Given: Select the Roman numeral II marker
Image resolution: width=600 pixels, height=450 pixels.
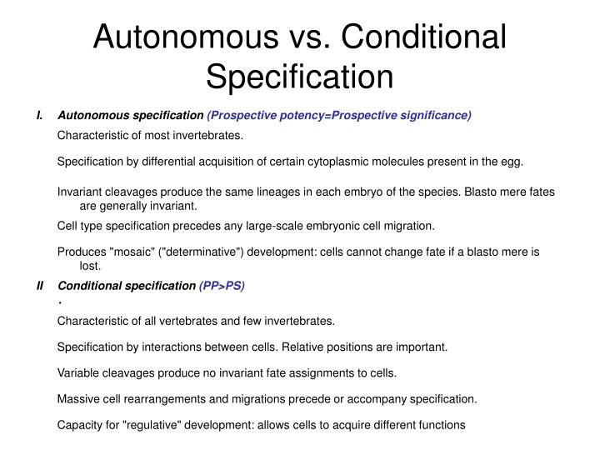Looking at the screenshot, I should point(40,285).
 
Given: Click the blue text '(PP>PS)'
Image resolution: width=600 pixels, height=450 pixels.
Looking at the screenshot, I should point(222,285).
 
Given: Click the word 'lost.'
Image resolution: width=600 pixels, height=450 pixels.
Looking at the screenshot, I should point(90,266).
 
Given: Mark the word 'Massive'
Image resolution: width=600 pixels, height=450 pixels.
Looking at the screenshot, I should point(79,399).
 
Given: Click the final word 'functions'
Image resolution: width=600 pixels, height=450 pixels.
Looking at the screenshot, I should point(439,425).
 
